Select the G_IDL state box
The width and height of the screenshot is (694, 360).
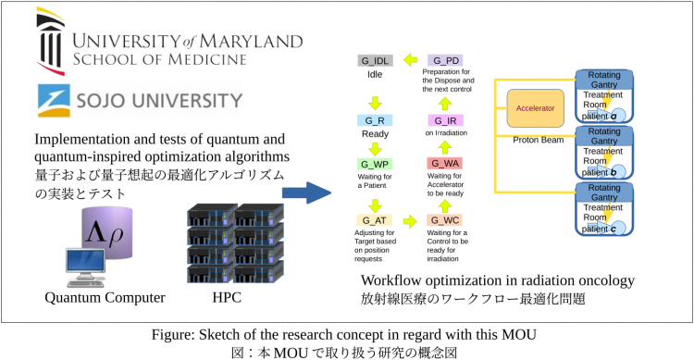(375, 61)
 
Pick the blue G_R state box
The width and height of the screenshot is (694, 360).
(375, 120)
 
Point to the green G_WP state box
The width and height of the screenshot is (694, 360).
(375, 164)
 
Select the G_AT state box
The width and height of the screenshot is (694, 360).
(375, 219)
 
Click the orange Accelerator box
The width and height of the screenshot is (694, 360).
(535, 108)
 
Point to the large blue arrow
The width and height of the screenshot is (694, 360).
(306, 192)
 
